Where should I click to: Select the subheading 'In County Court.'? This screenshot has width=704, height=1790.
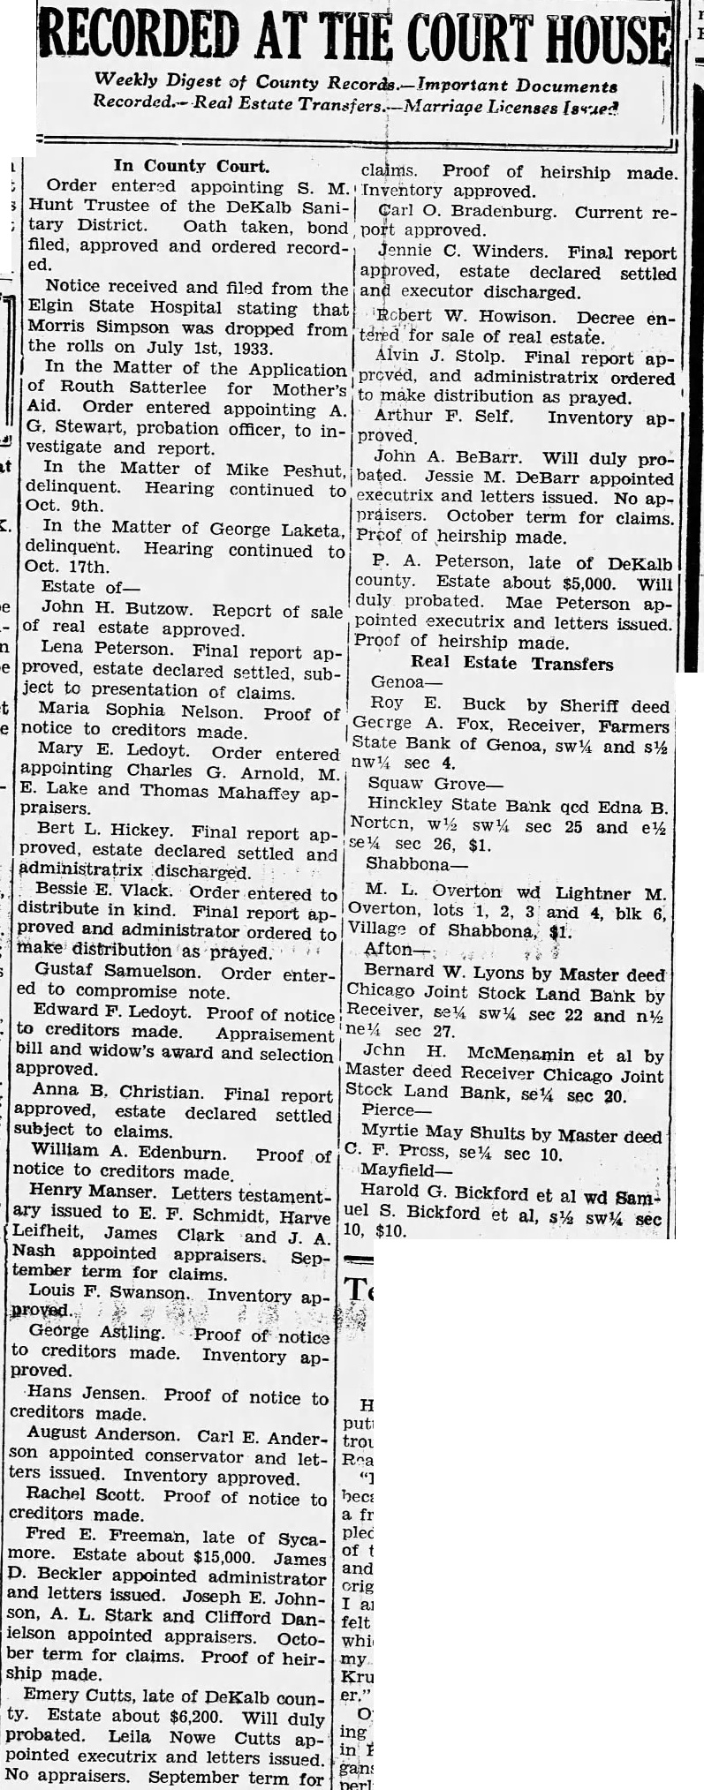click(x=191, y=165)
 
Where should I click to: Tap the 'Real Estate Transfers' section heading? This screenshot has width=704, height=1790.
click(x=511, y=663)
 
